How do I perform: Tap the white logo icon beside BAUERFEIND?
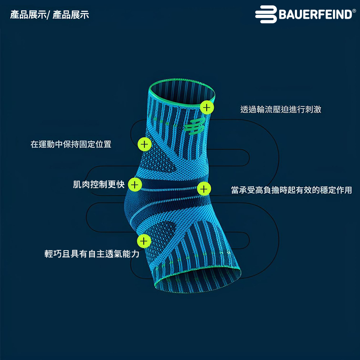click(266, 15)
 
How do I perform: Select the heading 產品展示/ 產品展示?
click(50, 15)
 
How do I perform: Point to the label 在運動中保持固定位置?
click(71, 144)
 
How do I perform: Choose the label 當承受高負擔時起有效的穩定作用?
click(291, 190)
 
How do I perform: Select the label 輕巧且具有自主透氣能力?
click(92, 254)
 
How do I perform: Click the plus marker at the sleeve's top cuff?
click(207, 107)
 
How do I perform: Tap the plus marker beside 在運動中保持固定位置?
click(144, 144)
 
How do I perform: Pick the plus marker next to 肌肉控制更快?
click(134, 185)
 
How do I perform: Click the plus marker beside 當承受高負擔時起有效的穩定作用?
click(204, 188)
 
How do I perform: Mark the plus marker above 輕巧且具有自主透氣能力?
click(144, 241)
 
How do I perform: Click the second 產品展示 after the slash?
click(71, 15)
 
